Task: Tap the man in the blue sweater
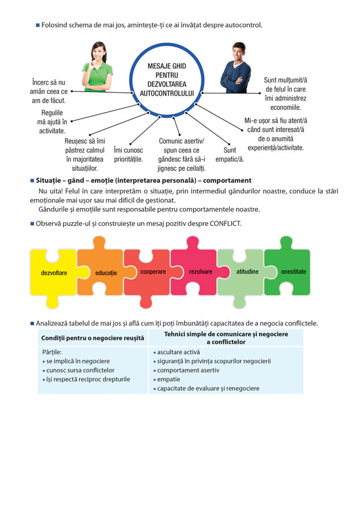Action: pyautogui.click(x=236, y=68)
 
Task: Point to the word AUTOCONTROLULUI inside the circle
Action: pyautogui.click(x=166, y=93)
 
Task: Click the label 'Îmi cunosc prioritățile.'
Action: pyautogui.click(x=128, y=154)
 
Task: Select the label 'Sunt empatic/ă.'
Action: pyautogui.click(x=230, y=154)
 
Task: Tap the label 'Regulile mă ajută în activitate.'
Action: pyautogui.click(x=52, y=122)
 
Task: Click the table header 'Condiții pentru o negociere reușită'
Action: pyautogui.click(x=93, y=338)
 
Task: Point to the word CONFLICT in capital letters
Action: pyautogui.click(x=225, y=223)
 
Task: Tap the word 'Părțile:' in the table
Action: pyautogui.click(x=52, y=352)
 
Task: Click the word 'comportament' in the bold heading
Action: pyautogui.click(x=227, y=180)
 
